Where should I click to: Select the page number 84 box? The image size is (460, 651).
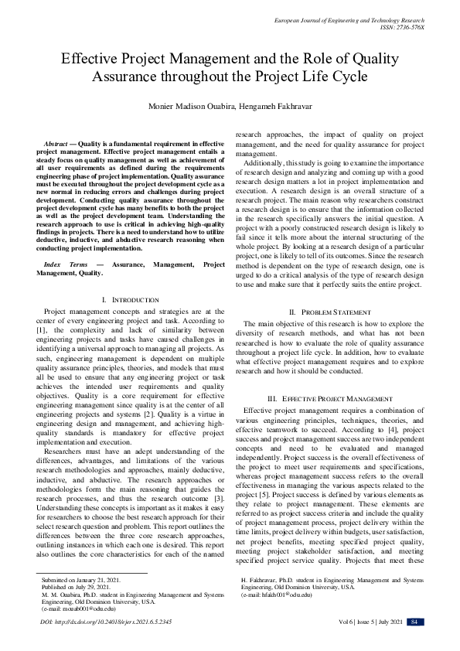415,643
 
